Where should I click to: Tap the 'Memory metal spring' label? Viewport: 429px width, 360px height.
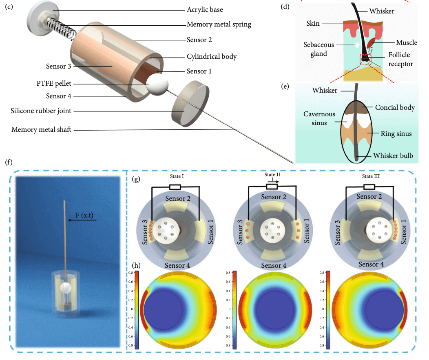(219, 24)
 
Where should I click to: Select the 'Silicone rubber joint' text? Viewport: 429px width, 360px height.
(44, 111)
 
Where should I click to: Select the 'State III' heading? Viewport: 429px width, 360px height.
(370, 176)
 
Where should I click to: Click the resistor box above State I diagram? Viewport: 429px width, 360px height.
(175, 187)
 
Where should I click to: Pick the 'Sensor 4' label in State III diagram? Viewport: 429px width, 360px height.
(370, 265)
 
